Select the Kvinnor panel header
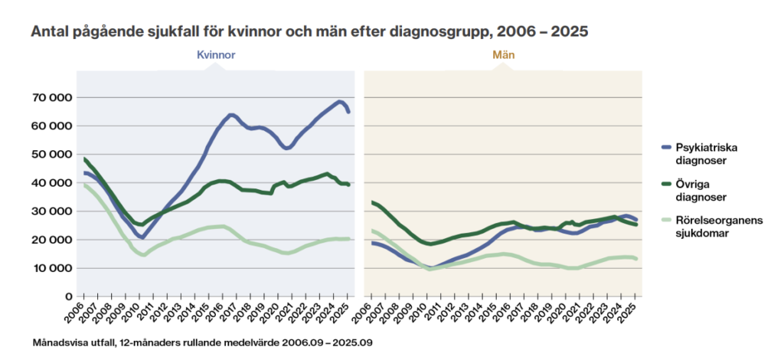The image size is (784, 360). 216,56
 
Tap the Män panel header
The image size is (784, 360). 502,56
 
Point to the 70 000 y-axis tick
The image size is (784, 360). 51,97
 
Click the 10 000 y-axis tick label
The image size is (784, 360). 51,268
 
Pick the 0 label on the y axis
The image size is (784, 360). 68,296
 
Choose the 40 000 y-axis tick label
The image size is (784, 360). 51,182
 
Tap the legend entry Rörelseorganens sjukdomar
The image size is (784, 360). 708,227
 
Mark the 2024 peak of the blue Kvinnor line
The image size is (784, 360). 339,101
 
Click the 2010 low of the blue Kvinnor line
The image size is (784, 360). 142,237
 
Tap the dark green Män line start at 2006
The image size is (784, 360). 372,202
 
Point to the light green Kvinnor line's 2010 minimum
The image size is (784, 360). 142,254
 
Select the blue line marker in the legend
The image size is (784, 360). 664,147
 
